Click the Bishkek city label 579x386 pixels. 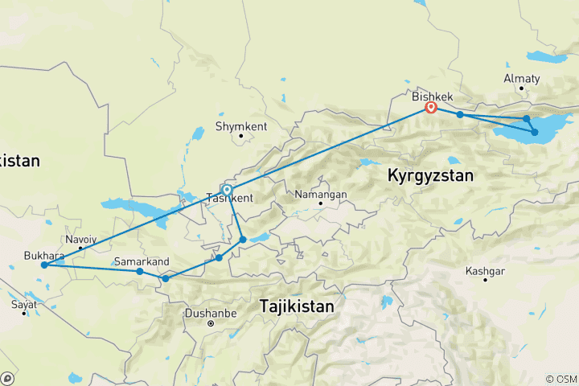tap(433, 96)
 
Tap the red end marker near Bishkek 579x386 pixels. tap(431, 107)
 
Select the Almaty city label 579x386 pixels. tap(522, 79)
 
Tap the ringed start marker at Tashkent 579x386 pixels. tap(227, 190)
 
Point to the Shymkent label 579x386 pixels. tap(240, 126)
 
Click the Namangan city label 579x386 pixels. tap(321, 195)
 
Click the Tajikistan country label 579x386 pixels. tap(298, 306)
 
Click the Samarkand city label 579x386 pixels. tap(142, 261)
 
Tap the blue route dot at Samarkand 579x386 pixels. tap(140, 271)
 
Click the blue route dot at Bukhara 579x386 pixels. tap(44, 265)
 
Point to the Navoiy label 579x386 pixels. tap(81, 240)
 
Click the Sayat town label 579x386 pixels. tap(23, 305)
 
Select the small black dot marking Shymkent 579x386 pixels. tap(240, 136)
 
